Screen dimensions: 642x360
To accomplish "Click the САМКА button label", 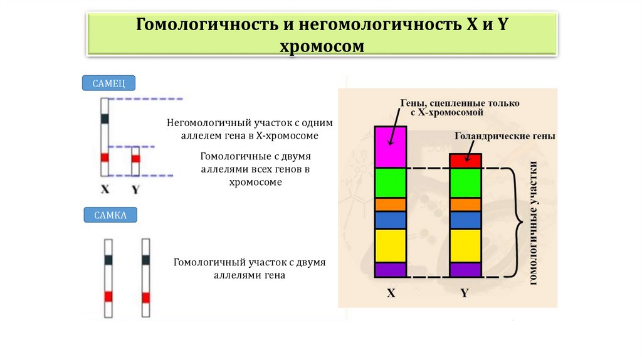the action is tap(110, 216).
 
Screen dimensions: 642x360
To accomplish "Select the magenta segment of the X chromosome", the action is tap(391, 147).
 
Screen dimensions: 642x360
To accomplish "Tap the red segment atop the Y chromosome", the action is tap(465, 161).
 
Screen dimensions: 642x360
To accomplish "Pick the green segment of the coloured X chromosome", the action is tap(391, 183).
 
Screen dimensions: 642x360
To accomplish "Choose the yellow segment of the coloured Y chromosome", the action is tap(465, 245).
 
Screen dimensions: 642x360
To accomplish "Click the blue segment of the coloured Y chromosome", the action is tap(465, 220).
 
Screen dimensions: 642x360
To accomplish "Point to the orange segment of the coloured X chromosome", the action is tap(391, 204).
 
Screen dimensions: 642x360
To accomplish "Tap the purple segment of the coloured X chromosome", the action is tap(391, 270).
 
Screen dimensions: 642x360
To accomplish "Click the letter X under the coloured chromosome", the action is tap(391, 293).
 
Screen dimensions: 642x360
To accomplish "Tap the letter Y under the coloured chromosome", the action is tap(465, 293).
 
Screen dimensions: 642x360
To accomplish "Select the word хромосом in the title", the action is tap(320, 46).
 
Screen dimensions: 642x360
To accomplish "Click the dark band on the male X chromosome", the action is tap(105, 118).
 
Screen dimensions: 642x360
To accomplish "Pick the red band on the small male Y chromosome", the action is tap(135, 158).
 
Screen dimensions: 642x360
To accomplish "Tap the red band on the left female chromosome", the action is tap(108, 296).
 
